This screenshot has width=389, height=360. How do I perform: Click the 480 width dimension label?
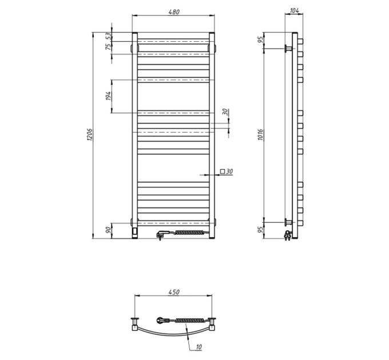click(174, 11)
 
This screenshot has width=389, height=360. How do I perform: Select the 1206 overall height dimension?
click(90, 135)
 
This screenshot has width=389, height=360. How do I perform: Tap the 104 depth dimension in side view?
click(294, 10)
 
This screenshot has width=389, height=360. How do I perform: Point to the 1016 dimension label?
click(260, 134)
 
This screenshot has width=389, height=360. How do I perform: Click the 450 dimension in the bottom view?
click(174, 292)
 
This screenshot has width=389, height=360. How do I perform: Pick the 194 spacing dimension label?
click(109, 96)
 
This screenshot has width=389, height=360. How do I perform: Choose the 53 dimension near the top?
click(109, 36)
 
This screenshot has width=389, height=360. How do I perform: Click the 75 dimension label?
click(109, 47)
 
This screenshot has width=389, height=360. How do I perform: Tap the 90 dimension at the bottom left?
click(109, 230)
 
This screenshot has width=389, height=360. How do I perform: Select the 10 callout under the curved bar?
click(199, 347)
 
